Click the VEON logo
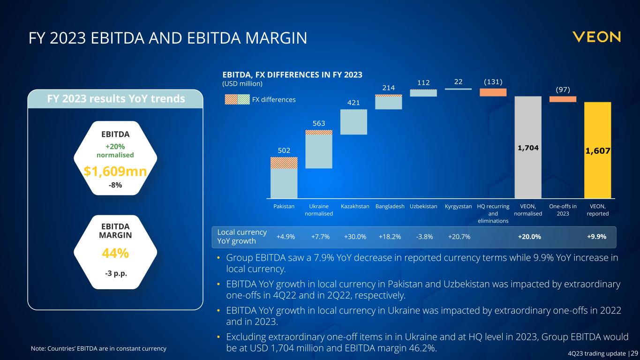point(596,37)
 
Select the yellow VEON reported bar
point(597,150)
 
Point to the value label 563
point(318,123)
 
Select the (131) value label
point(493,82)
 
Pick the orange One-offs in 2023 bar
point(563,99)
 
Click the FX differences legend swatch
point(237,99)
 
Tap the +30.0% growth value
point(355,237)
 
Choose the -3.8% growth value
point(424,237)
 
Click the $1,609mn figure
point(115,172)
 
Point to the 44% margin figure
point(115,253)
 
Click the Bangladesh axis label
point(390,206)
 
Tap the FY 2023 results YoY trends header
point(115,99)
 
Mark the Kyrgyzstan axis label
point(458,206)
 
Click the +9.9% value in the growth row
point(597,237)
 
